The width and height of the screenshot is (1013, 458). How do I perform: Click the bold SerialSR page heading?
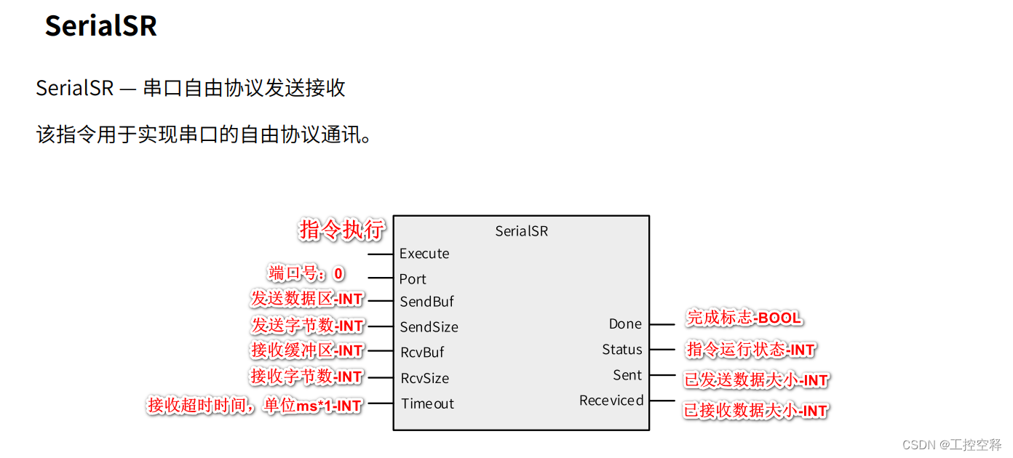(100, 26)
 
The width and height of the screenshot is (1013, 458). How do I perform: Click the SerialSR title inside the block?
(521, 231)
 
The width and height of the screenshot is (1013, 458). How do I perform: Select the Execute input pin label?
(424, 254)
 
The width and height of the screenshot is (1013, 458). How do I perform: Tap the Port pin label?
(413, 279)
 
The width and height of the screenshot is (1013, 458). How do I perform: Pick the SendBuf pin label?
(426, 302)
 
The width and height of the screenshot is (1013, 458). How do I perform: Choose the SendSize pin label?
(429, 327)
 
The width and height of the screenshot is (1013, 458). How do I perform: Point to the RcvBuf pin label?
(422, 353)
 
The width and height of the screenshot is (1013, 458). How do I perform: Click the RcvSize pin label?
(424, 378)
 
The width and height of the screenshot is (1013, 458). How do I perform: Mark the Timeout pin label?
(427, 403)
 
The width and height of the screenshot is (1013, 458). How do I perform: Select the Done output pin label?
(625, 324)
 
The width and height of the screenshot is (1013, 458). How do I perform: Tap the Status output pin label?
(621, 350)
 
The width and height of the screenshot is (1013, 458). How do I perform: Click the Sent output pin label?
(627, 375)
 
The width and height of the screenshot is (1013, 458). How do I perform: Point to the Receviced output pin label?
(611, 401)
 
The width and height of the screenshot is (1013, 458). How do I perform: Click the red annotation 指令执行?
(341, 230)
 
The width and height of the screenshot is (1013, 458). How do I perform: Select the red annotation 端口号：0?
(306, 274)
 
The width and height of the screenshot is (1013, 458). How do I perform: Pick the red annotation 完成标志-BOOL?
(744, 318)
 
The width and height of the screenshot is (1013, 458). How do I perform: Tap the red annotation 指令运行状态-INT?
(750, 350)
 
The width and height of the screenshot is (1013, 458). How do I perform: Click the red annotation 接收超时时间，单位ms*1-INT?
(255, 406)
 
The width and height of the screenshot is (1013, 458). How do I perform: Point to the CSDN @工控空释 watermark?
(951, 444)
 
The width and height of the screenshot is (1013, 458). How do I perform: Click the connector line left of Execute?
(381, 254)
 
